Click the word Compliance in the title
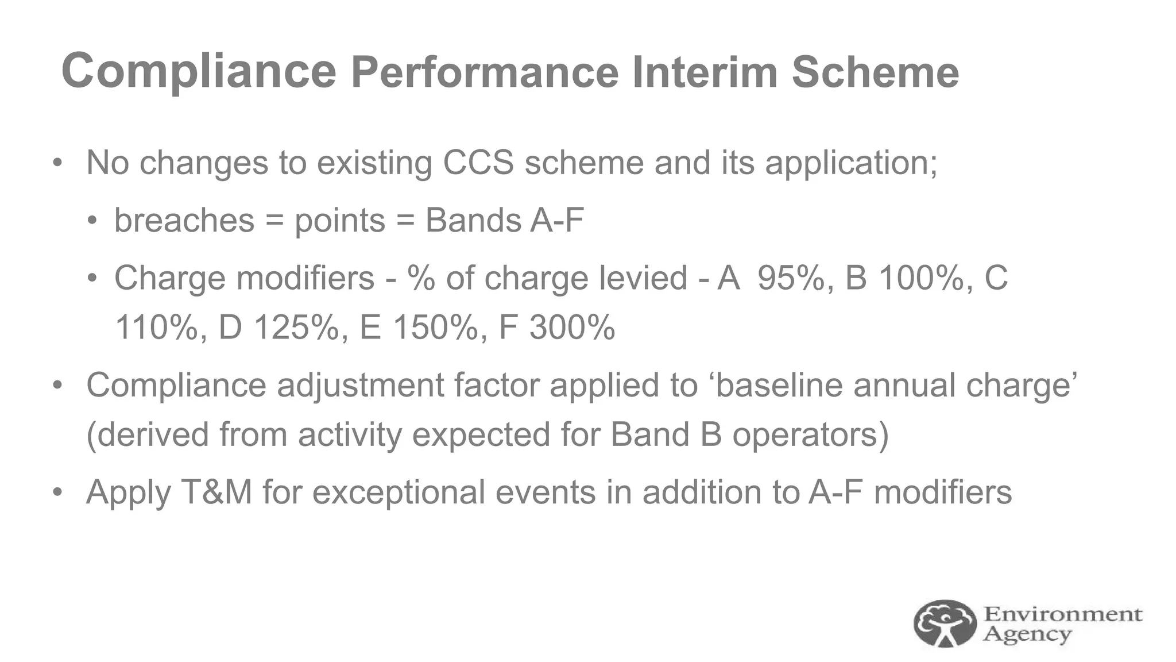(x=198, y=71)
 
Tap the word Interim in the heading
(x=704, y=72)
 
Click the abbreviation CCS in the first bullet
(x=478, y=163)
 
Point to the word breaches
(x=184, y=221)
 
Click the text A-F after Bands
(x=556, y=220)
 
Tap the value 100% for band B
(x=926, y=278)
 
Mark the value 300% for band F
(x=572, y=328)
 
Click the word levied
(x=643, y=278)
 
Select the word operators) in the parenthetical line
(x=810, y=434)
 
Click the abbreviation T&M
(x=217, y=492)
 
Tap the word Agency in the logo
(x=1027, y=634)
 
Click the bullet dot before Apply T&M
(x=57, y=492)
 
